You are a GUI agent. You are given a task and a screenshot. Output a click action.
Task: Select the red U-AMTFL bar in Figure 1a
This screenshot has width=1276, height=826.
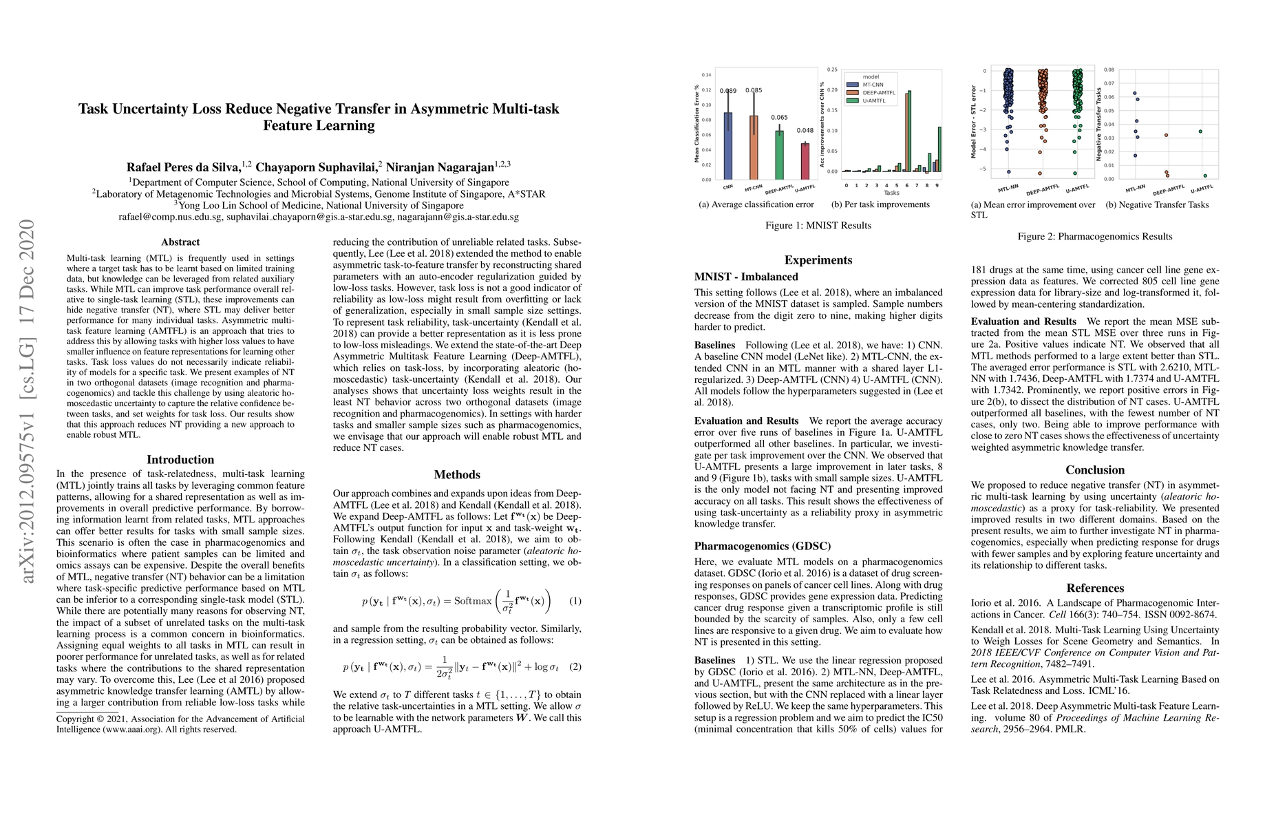(805, 161)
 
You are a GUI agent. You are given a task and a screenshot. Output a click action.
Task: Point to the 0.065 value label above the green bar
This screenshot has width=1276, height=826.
(780, 118)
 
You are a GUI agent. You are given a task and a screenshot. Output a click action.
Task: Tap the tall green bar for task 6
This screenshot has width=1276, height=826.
(909, 131)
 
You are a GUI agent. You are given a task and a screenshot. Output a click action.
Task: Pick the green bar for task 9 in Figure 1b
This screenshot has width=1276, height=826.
(939, 149)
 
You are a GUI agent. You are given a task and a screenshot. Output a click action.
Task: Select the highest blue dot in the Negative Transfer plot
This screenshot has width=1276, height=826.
(1134, 94)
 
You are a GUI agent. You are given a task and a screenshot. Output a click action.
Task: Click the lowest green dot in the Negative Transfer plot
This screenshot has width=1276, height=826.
(1205, 176)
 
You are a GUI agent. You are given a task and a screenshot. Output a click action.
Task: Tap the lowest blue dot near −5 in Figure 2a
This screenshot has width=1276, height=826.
(1009, 172)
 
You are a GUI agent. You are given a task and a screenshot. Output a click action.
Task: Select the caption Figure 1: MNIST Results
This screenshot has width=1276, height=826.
(818, 225)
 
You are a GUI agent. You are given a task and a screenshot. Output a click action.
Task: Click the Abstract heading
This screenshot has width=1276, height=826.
(180, 242)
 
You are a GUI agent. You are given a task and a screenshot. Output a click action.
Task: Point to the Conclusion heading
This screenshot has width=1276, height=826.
(1095, 470)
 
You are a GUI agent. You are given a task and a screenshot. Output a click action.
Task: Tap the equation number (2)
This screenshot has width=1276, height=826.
(575, 666)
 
